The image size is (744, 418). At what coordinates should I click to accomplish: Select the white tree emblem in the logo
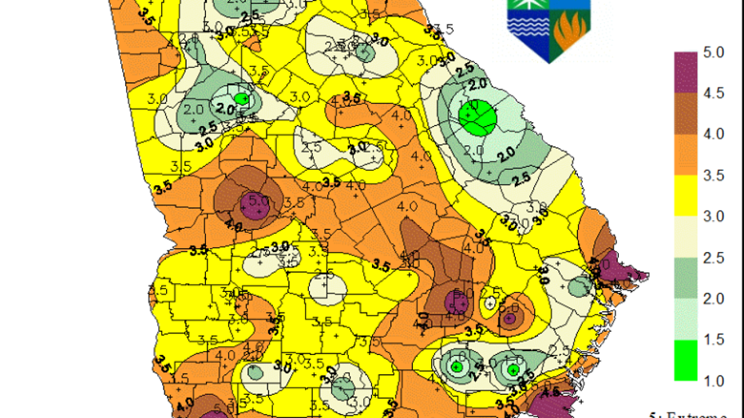(x=528, y=12)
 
